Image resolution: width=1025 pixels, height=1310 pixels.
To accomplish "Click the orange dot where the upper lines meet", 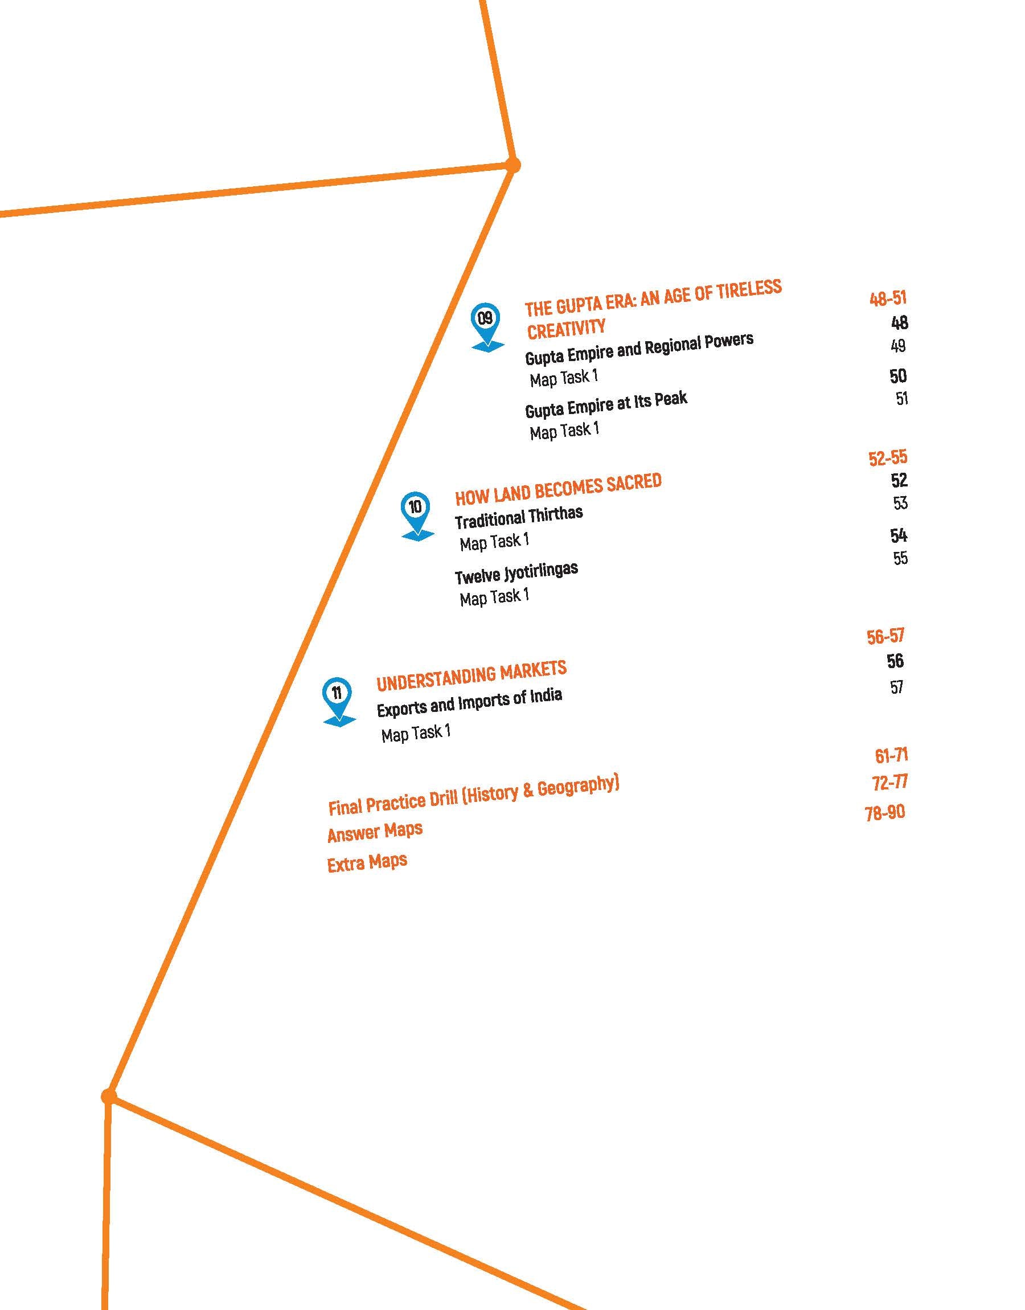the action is (x=512, y=165).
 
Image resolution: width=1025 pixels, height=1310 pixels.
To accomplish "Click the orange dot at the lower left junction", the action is (x=109, y=1097).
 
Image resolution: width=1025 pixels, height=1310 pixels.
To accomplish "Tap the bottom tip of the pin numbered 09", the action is (x=488, y=351).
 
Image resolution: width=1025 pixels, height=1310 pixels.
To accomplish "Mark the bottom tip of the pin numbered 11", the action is (x=339, y=727).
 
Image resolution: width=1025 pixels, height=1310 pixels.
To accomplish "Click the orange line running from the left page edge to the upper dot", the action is (x=256, y=189).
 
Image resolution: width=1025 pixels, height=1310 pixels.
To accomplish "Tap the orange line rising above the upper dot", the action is (x=497, y=82).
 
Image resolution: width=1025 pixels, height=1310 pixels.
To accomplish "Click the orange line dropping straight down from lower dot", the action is (x=107, y=1203).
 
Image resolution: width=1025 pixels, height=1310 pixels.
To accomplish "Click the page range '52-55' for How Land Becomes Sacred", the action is (x=887, y=458).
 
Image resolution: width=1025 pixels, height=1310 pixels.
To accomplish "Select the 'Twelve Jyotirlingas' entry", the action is (x=516, y=572).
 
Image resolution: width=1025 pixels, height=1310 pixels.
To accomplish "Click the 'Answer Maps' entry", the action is (x=375, y=832).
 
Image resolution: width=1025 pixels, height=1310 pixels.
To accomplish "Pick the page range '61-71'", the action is (x=891, y=755).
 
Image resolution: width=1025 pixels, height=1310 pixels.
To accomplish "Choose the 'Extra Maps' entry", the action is (x=367, y=862).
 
